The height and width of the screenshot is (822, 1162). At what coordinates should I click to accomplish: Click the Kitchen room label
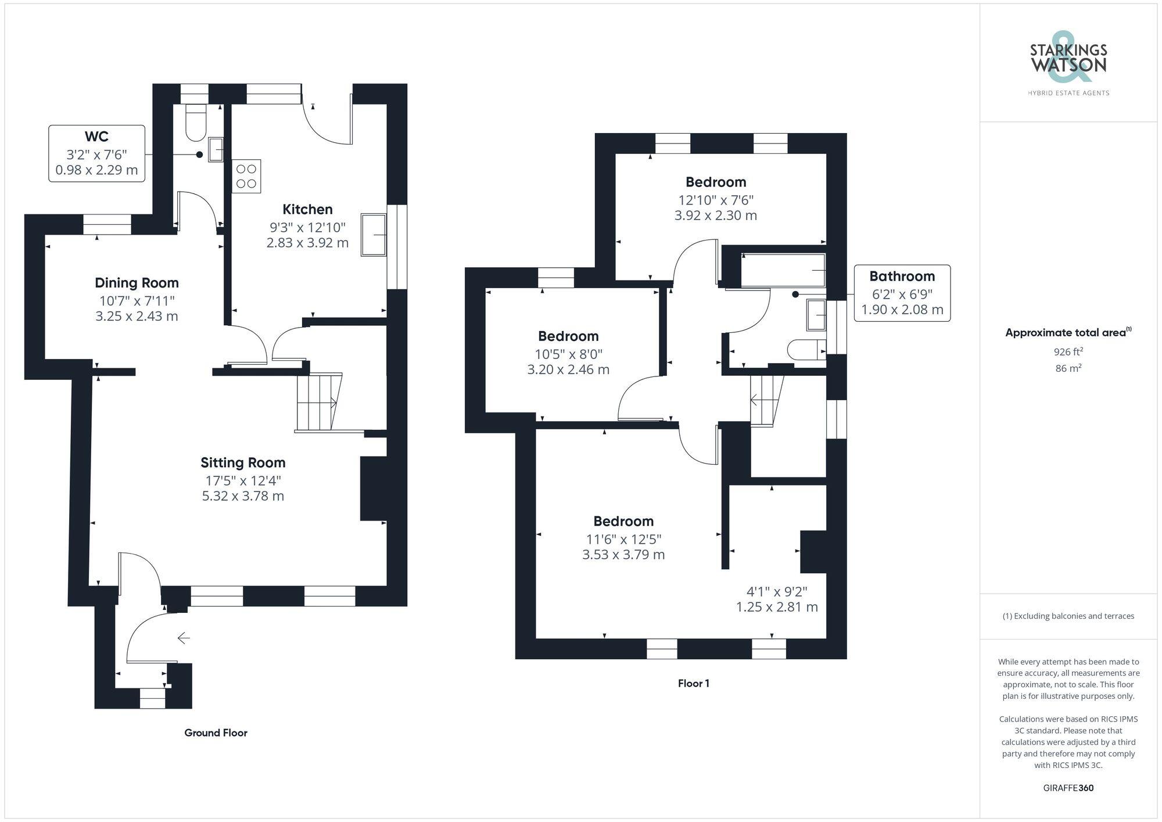point(307,209)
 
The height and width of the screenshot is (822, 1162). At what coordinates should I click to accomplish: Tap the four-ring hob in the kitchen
point(246,176)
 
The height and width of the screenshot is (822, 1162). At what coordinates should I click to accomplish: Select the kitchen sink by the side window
point(374,235)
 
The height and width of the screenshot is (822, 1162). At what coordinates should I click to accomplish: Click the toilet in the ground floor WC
point(196,124)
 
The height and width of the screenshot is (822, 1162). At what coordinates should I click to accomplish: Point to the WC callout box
point(96,153)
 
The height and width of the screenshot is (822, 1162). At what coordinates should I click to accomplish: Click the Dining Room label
point(137,283)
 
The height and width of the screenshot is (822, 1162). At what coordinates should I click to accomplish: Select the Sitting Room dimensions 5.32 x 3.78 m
point(243,496)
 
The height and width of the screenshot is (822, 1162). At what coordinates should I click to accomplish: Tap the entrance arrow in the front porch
point(184,638)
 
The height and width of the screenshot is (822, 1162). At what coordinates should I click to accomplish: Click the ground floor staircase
point(317,401)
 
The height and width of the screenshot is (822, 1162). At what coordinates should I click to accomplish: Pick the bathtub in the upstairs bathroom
point(783,270)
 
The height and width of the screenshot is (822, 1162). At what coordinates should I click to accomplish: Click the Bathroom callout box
point(902,293)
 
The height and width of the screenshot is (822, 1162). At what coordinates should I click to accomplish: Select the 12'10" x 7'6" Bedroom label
point(715,182)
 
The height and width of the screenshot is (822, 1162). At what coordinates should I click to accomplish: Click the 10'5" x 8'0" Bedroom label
point(568,336)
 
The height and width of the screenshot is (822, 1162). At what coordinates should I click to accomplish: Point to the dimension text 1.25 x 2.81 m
point(777,607)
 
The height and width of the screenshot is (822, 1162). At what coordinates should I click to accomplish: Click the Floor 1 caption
point(693,684)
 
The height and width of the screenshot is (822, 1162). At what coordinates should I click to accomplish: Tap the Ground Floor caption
point(216,733)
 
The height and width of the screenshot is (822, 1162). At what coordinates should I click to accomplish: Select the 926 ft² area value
point(1068,351)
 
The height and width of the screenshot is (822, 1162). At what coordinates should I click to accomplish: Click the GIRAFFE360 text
point(1068,788)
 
